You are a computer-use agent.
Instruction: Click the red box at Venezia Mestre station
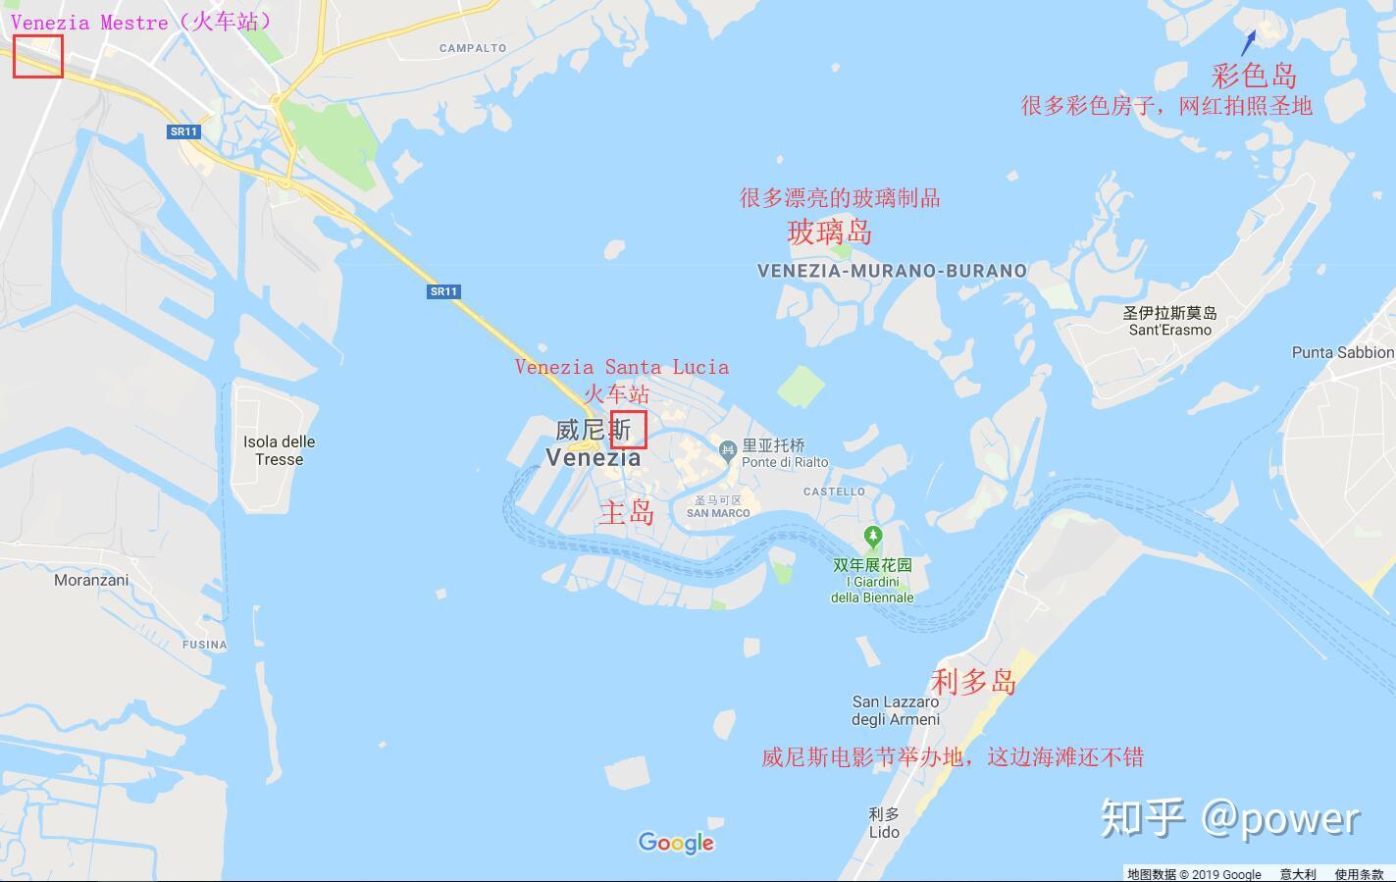point(38,56)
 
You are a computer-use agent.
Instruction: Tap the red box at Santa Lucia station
point(629,430)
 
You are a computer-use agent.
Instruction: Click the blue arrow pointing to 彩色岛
point(1248,42)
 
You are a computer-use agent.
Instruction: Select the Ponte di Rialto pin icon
point(727,451)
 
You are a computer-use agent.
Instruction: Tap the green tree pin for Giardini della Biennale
point(872,537)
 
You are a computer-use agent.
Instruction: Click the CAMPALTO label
point(473,48)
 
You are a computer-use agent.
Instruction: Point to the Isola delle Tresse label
point(280,450)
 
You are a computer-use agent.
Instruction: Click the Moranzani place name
point(91,580)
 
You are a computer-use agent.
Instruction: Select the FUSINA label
point(204,645)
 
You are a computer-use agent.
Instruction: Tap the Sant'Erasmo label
point(1169,322)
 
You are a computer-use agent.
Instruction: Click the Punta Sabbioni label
point(1342,352)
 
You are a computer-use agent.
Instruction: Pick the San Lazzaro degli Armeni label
point(896,710)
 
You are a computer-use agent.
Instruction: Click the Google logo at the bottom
point(676,843)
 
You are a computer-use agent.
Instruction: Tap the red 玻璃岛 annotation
point(829,233)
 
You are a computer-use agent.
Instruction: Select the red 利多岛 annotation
point(972,681)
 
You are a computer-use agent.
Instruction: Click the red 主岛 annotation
point(627,512)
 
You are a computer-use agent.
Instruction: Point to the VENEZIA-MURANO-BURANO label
point(892,271)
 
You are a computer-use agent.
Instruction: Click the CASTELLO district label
point(834,492)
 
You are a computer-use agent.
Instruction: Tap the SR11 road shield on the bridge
point(443,291)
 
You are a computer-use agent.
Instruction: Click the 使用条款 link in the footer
point(1358,874)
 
